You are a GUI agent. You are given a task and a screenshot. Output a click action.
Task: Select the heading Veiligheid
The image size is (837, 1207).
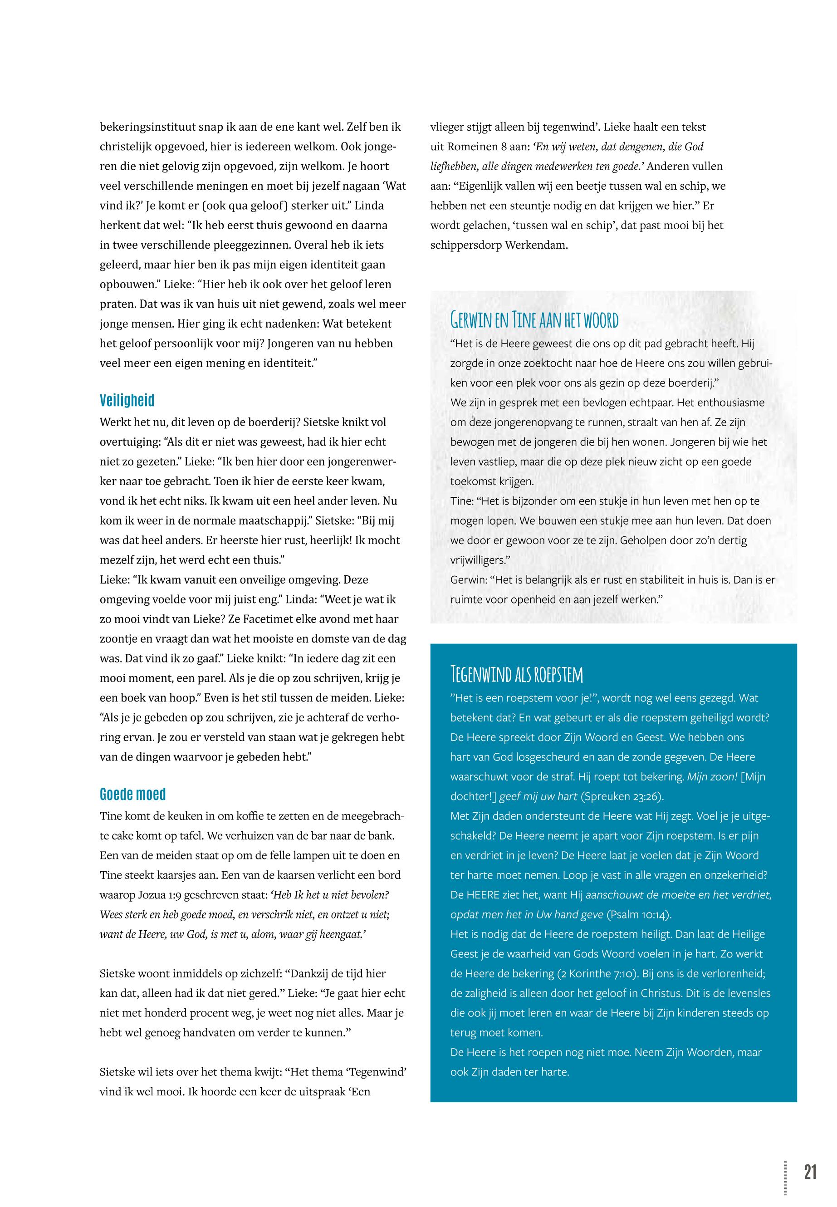coord(127,401)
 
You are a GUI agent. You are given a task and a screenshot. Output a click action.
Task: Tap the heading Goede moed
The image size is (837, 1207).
coord(132,794)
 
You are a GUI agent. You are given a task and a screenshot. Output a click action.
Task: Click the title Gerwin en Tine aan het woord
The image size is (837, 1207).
coord(534,319)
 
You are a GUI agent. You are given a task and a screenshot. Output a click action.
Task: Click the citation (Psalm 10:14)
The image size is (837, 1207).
coord(639,914)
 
